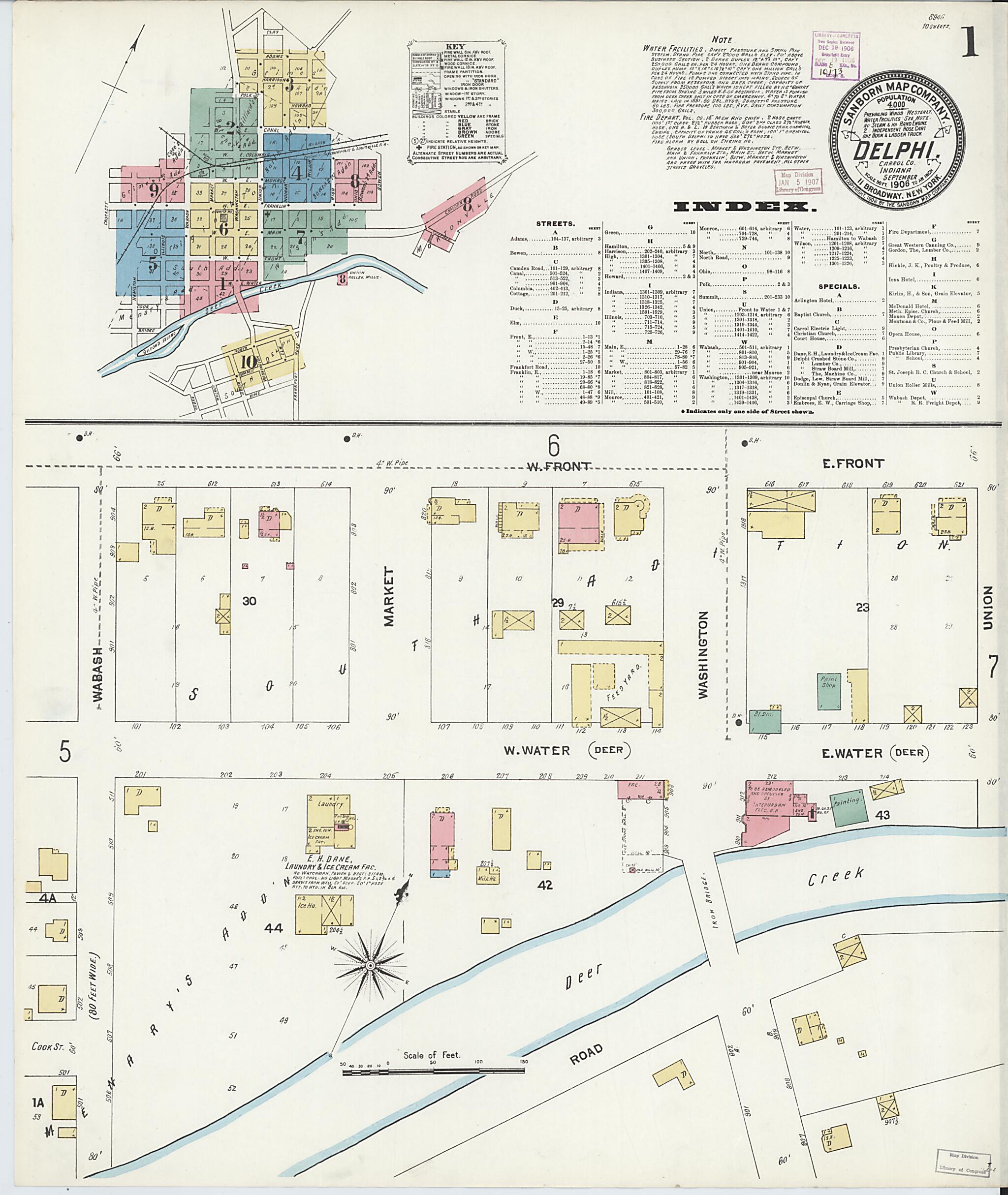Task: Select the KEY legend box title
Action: (x=455, y=46)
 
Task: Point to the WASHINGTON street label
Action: (x=702, y=654)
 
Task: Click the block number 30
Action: (x=249, y=601)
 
